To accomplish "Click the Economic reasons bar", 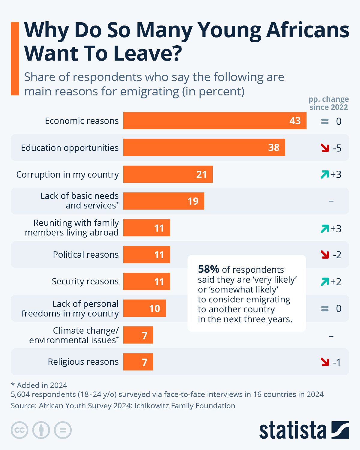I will (214, 121).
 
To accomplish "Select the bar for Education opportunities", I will (204, 147).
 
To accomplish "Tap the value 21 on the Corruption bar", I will (202, 174).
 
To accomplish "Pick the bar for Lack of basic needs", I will (163, 201).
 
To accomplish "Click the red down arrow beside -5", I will (325, 148).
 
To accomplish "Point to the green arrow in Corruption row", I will (325, 174).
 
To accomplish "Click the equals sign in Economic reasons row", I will (325, 121).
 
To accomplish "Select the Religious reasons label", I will (83, 362).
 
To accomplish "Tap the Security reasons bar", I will (146, 281).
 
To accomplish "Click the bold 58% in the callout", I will (208, 269).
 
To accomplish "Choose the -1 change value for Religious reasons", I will (337, 362).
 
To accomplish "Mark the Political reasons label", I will (85, 255).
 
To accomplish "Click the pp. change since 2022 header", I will (328, 103).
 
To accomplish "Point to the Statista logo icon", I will (340, 430).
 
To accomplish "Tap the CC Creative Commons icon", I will (19, 430).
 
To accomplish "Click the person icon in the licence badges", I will (41, 430).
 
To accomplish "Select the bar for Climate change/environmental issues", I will (138, 335).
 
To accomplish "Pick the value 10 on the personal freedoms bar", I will (154, 308).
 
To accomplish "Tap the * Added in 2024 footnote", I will (39, 385).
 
